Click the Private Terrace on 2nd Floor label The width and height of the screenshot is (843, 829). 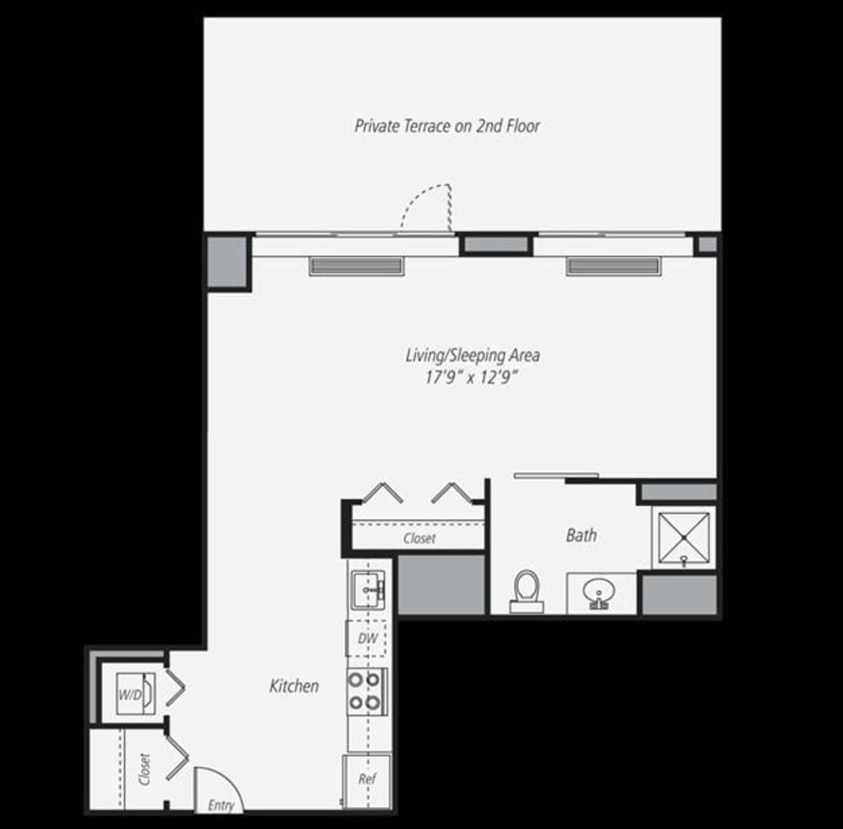click(447, 126)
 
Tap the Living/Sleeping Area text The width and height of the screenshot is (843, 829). click(473, 355)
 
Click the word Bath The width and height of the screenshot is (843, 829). click(581, 535)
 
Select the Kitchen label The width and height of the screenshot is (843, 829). click(294, 686)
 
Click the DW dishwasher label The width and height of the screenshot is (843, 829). click(367, 639)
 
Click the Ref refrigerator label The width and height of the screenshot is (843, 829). click(367, 779)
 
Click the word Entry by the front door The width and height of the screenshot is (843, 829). click(221, 806)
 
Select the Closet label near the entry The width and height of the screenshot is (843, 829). click(145, 769)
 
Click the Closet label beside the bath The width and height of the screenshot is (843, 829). click(419, 539)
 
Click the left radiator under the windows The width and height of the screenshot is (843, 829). click(356, 266)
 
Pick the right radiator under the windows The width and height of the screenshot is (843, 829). click(613, 266)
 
